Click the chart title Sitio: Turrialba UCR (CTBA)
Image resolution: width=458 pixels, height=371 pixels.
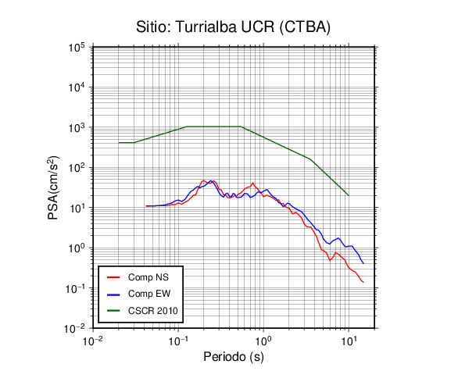pyautogui.click(x=233, y=27)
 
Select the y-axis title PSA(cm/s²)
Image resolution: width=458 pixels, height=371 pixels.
pyautogui.click(x=53, y=187)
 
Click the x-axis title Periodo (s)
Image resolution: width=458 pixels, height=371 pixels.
pyautogui.click(x=234, y=357)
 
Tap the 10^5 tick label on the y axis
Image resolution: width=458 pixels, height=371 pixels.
pyautogui.click(x=77, y=48)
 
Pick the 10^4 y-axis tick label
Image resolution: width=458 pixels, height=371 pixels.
pyautogui.click(x=77, y=87)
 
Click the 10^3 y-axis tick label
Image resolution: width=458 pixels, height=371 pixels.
pyautogui.click(x=77, y=127)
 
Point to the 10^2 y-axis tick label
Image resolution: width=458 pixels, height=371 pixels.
pyautogui.click(x=77, y=168)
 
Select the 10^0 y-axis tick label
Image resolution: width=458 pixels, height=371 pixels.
pyautogui.click(x=77, y=248)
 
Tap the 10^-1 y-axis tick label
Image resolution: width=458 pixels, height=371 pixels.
pyautogui.click(x=74, y=288)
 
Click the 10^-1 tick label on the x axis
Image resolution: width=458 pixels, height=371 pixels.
pyautogui.click(x=178, y=341)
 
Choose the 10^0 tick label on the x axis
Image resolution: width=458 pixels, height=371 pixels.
pyautogui.click(x=263, y=341)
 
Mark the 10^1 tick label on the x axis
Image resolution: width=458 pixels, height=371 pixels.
pyautogui.click(x=349, y=341)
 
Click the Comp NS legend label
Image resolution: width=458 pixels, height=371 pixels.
pyautogui.click(x=148, y=277)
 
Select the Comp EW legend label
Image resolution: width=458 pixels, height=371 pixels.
pyautogui.click(x=149, y=294)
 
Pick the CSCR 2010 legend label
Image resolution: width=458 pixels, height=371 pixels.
pyautogui.click(x=152, y=311)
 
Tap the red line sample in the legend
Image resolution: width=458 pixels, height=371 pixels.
pyautogui.click(x=113, y=277)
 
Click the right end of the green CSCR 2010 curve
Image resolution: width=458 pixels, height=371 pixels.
pyautogui.click(x=349, y=195)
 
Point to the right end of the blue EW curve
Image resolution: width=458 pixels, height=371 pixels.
pyautogui.click(x=363, y=263)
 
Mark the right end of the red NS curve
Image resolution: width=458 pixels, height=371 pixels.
pyautogui.click(x=363, y=282)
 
